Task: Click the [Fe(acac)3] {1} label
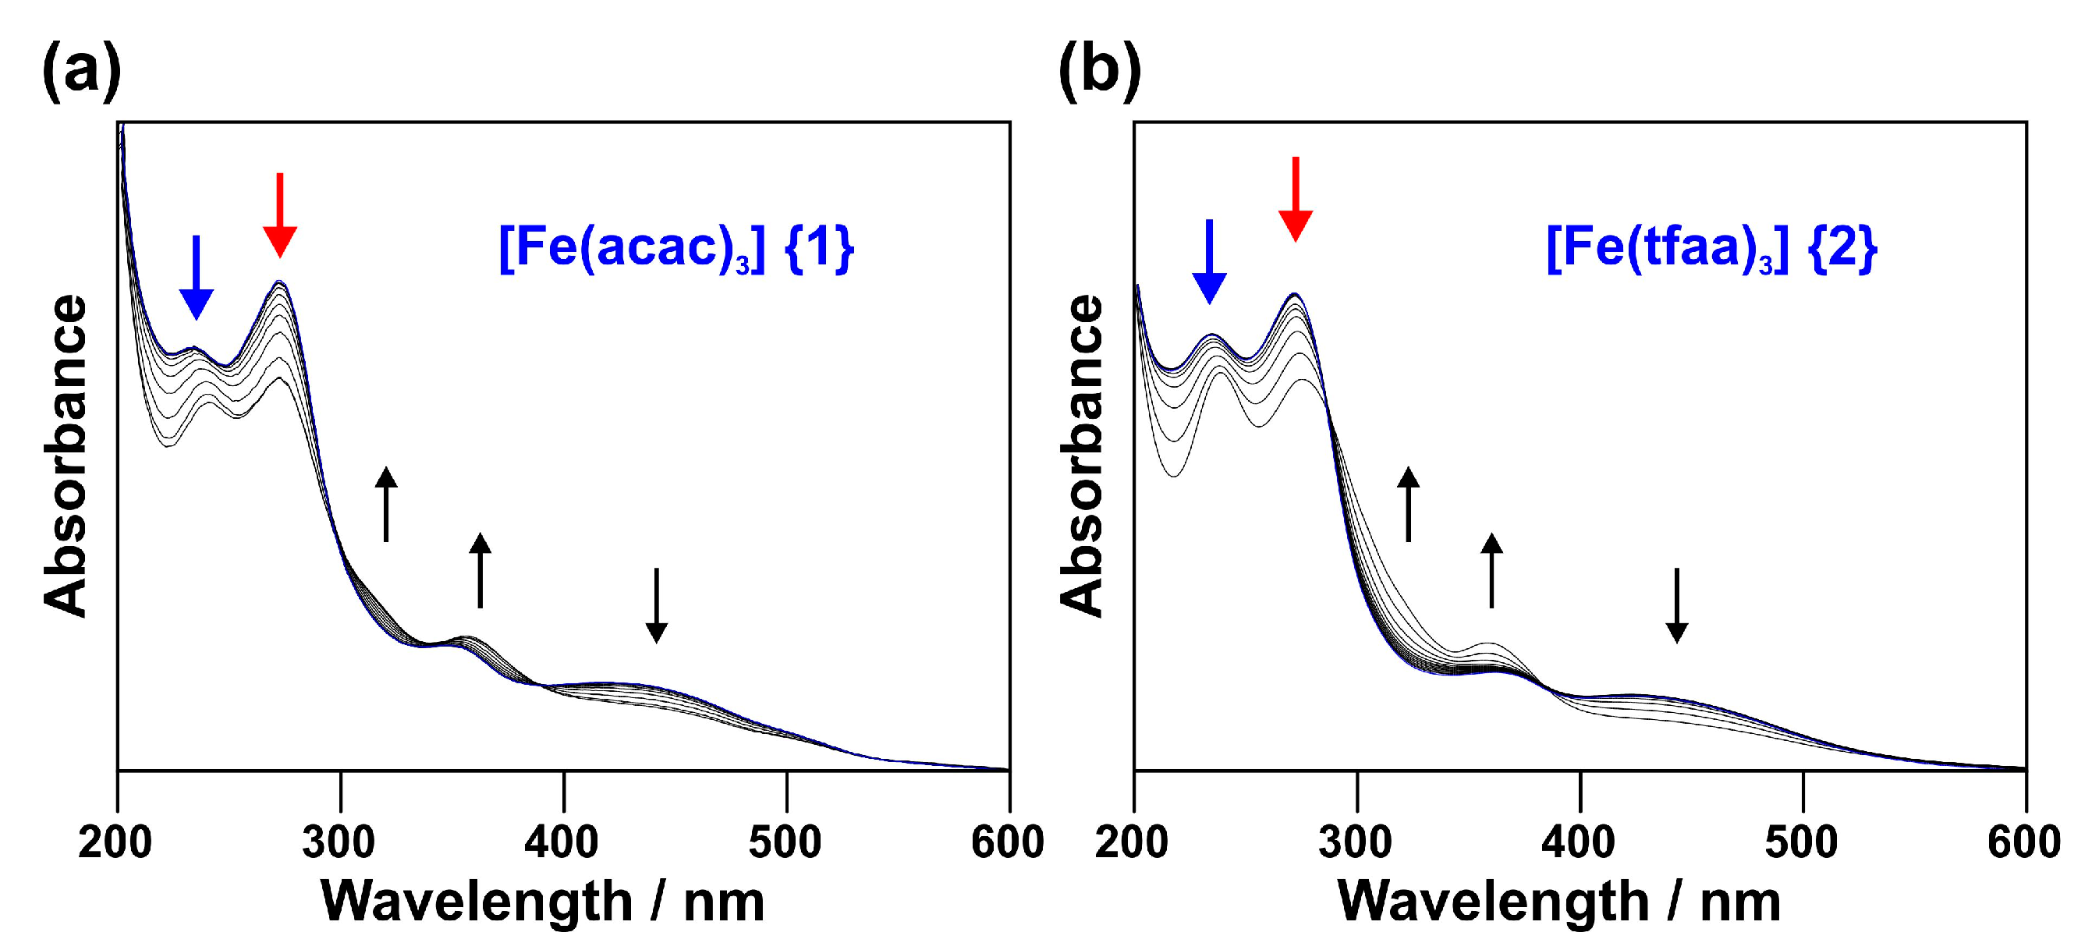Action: [675, 248]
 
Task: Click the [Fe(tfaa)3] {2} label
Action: [1711, 248]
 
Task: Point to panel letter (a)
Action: [81, 72]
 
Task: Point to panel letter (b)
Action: [1099, 72]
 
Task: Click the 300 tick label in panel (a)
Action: [339, 842]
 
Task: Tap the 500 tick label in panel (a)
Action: [785, 842]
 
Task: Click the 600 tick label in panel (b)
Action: [2024, 842]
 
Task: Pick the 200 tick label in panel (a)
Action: [115, 842]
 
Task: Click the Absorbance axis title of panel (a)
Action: [66, 456]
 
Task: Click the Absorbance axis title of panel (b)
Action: [1082, 456]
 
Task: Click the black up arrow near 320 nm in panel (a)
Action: [386, 505]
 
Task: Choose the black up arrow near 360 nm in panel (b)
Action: [1491, 570]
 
